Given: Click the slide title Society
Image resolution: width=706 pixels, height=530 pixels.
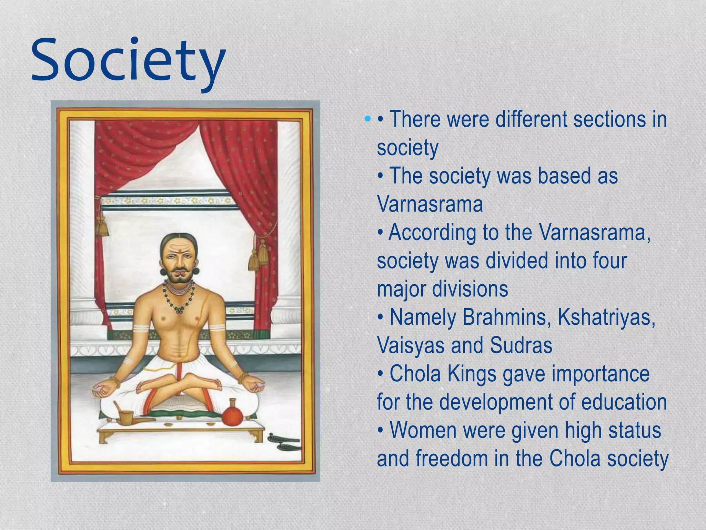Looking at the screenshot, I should pos(128,62).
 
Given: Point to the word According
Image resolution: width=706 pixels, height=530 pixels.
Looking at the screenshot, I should pos(432,233).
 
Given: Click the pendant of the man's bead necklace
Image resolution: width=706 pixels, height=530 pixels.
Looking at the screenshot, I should pos(178,310).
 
